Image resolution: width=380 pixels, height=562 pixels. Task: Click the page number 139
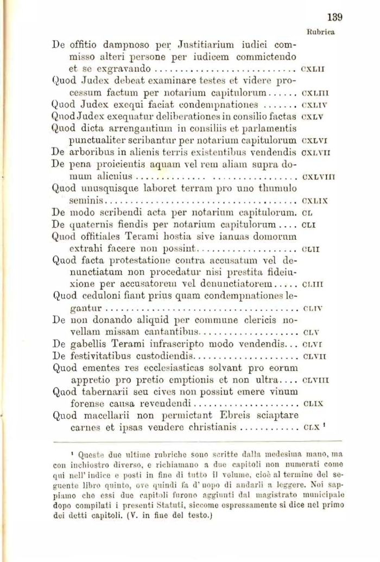point(335,17)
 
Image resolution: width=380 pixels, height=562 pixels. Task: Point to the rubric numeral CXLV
point(312,116)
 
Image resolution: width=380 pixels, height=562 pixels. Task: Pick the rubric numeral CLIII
point(312,283)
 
